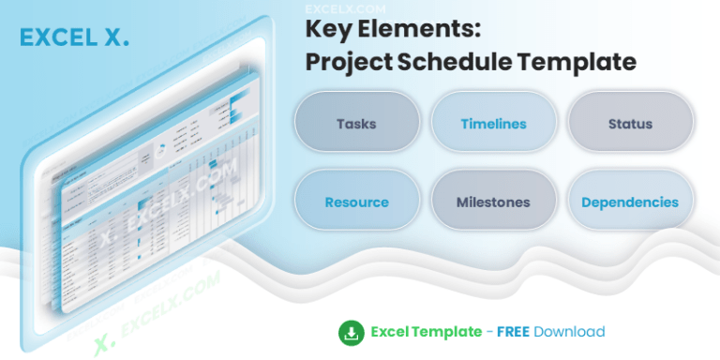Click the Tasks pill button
point(356,124)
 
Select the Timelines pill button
point(493,124)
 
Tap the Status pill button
point(630,124)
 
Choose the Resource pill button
point(356,202)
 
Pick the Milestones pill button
point(493,202)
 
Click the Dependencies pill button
point(630,202)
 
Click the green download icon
point(351,331)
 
